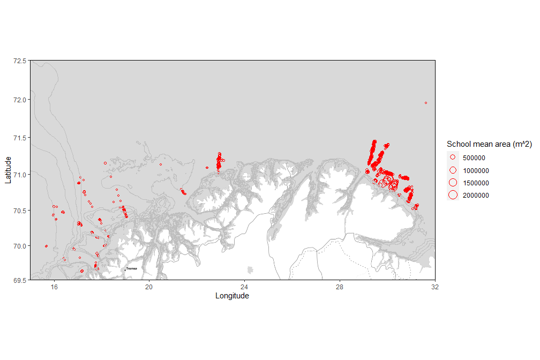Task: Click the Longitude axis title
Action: [232, 296]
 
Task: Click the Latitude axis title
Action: [8, 170]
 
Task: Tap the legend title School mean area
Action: [489, 144]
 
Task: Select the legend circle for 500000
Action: [453, 157]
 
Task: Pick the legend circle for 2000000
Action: [453, 195]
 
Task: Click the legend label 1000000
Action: [476, 170]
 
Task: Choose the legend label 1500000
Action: [476, 183]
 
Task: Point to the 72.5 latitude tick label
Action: [19, 61]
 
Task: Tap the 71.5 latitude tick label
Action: [19, 138]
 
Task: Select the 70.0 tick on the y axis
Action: [19, 246]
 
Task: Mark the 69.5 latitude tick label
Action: [19, 280]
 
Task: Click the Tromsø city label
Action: [132, 268]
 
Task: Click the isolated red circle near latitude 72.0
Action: [426, 103]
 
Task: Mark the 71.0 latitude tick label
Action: [19, 174]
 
